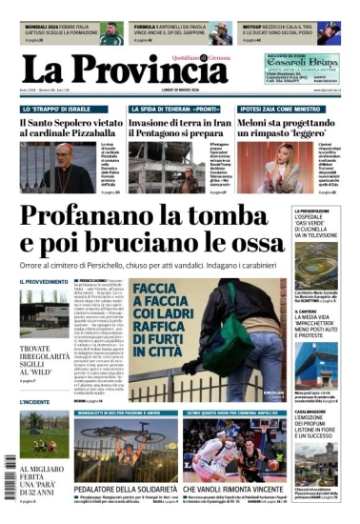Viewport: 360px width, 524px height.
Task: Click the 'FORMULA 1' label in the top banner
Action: pyautogui.click(x=152, y=27)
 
